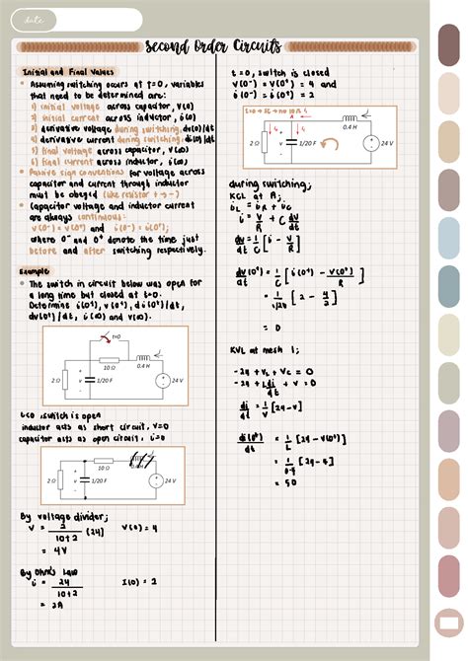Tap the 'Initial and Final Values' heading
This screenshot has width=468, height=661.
pos(68,72)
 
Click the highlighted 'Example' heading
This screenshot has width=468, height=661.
pos(37,271)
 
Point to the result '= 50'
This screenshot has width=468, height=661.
pos(263,481)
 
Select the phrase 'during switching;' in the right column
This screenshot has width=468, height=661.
pos(258,184)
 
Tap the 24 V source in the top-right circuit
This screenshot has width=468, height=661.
pos(371,142)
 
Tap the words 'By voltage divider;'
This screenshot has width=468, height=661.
pos(63,516)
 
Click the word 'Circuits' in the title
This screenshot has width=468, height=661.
pos(256,46)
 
